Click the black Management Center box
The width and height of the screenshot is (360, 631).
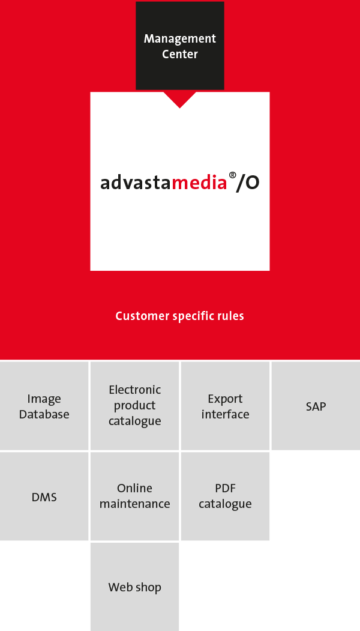click(180, 46)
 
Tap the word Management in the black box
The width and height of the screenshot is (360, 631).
click(180, 39)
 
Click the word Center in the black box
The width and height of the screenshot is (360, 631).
click(180, 54)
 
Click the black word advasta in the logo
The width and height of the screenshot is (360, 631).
click(136, 183)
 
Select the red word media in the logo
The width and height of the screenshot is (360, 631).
click(200, 183)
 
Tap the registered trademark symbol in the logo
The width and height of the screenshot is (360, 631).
click(232, 175)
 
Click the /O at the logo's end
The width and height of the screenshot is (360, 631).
click(248, 183)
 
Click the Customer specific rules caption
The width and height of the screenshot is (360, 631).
click(180, 316)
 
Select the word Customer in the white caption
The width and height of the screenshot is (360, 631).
click(142, 316)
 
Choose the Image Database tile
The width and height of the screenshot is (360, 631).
click(44, 406)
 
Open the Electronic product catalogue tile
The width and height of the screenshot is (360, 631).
click(135, 406)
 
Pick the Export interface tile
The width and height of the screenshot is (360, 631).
click(225, 406)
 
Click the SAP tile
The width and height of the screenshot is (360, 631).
click(316, 406)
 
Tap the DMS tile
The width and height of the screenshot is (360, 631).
click(44, 496)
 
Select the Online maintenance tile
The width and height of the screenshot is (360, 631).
click(135, 496)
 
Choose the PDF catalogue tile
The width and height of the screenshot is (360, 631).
click(225, 496)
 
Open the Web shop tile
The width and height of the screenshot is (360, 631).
click(135, 587)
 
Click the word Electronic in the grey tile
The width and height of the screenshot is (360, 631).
click(135, 390)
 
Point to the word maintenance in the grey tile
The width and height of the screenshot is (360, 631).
click(135, 504)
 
